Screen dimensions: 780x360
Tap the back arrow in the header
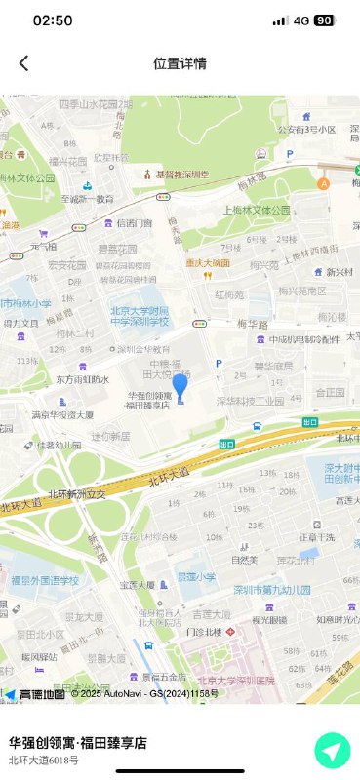[x=23, y=63]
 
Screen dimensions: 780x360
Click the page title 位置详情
[x=180, y=63]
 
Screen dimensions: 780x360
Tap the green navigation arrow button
[x=333, y=751]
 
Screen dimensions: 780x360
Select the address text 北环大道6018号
[x=43, y=760]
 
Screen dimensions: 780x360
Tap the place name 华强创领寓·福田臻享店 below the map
[x=78, y=742]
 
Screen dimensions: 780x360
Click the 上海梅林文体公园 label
[x=258, y=209]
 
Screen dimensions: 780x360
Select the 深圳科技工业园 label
[x=250, y=400]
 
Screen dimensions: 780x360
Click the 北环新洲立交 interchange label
[x=77, y=491]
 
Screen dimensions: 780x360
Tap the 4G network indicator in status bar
[x=300, y=20]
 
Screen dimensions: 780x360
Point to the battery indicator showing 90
[x=324, y=20]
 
